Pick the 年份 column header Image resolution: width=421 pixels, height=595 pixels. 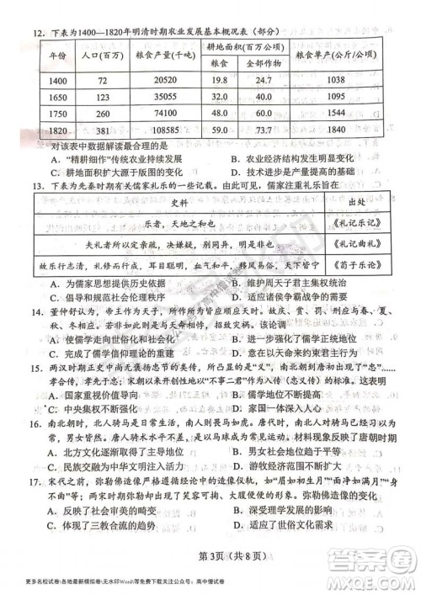point(58,55)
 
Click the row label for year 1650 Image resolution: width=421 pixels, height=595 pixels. point(58,96)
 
